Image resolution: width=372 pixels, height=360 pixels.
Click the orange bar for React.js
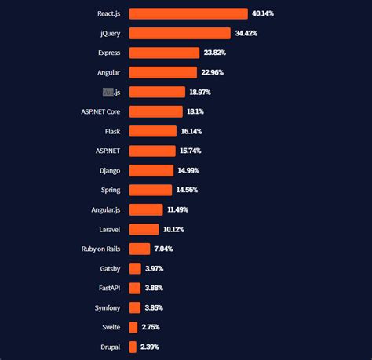pos(188,13)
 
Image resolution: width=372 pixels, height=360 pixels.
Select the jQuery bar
pos(180,33)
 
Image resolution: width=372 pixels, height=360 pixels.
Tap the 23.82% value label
pos(215,53)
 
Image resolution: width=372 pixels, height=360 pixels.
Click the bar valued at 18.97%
pos(157,92)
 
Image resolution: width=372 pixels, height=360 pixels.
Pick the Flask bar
pos(153,131)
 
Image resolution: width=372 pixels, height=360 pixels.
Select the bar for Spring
pos(150,190)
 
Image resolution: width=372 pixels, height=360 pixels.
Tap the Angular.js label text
pos(105,209)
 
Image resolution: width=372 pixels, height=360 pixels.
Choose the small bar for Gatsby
pos(135,268)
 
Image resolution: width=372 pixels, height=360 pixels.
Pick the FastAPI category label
pos(106,288)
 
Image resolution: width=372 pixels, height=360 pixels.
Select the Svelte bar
pos(133,327)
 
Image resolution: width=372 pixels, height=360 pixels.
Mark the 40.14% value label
pos(262,13)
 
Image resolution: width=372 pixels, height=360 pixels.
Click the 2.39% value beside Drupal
pos(150,347)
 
